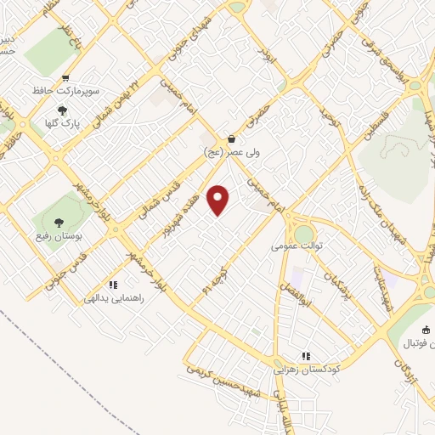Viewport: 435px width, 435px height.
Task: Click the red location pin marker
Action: [x=219, y=200]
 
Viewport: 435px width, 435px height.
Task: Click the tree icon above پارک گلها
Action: [x=61, y=110]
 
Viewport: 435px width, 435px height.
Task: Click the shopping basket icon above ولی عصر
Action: [x=231, y=138]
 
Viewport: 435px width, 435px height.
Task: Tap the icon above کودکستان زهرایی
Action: [x=305, y=356]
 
